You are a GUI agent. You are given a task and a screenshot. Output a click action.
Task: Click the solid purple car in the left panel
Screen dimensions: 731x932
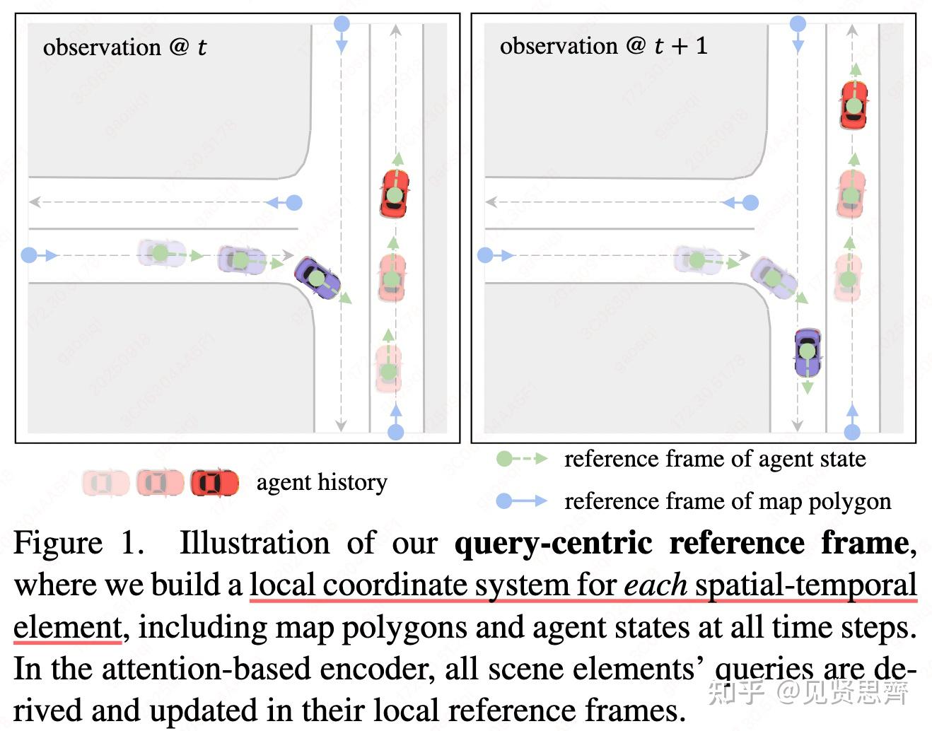click(317, 277)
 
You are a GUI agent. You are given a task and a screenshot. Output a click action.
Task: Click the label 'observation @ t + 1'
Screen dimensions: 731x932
click(603, 46)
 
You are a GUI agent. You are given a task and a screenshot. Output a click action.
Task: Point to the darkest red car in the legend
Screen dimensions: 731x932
click(214, 483)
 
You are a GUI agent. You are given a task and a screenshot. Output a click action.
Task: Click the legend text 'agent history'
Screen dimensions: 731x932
click(322, 482)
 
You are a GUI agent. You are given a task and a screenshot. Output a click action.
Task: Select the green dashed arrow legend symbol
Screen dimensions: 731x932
click(521, 459)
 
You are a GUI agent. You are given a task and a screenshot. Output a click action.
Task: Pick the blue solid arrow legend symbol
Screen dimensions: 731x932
click(521, 501)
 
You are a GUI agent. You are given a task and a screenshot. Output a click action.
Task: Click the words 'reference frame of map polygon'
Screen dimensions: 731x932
click(727, 501)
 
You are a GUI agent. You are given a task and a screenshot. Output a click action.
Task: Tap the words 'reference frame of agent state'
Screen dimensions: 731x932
click(714, 459)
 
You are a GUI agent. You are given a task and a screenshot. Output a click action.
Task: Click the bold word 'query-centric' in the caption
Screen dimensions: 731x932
click(553, 544)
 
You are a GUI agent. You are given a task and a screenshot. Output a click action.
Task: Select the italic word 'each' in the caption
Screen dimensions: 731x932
click(655, 585)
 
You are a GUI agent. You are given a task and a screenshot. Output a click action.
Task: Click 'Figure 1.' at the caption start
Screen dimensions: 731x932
click(78, 544)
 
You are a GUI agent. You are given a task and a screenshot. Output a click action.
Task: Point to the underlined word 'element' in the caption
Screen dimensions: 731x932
click(68, 627)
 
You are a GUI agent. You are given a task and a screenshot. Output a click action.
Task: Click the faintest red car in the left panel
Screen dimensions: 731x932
click(388, 368)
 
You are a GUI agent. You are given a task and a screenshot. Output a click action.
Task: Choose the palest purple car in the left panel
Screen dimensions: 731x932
click(161, 252)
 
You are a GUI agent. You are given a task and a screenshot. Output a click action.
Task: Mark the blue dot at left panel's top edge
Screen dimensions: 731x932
click(341, 23)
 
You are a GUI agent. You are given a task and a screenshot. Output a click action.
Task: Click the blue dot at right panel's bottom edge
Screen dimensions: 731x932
click(852, 431)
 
